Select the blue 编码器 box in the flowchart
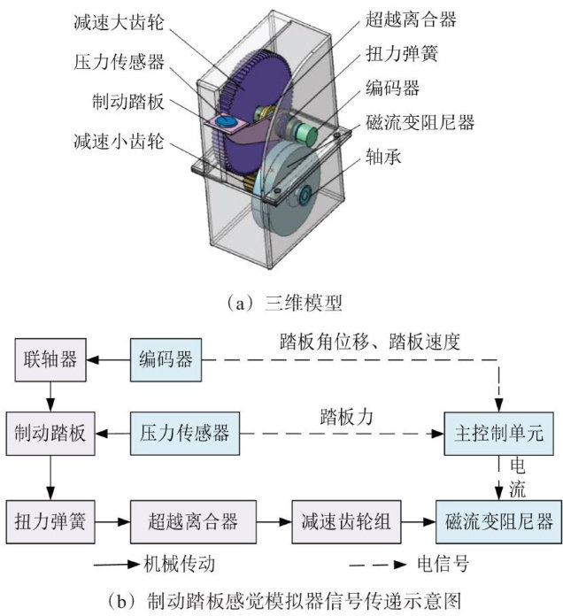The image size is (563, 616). point(166,360)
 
